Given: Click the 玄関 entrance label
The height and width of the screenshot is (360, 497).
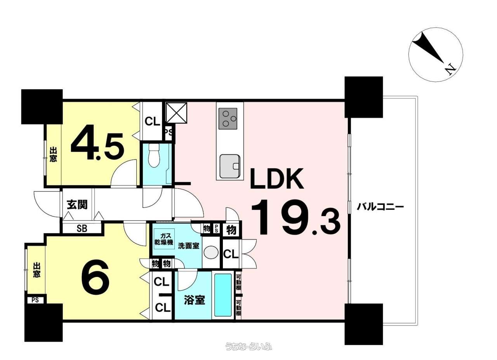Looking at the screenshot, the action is pyautogui.click(x=77, y=204).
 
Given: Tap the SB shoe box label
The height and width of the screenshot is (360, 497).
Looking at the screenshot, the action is pyautogui.click(x=82, y=228).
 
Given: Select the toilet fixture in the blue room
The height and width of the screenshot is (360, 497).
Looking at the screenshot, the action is pyautogui.click(x=154, y=156).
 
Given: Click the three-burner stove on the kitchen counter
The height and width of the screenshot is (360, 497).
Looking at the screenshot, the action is pyautogui.click(x=228, y=119).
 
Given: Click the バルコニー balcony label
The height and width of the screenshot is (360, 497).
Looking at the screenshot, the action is pyautogui.click(x=380, y=208).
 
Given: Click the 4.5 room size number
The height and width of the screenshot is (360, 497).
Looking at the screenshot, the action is pyautogui.click(x=97, y=142).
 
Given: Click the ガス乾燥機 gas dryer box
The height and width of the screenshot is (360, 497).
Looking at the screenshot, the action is pyautogui.click(x=164, y=239).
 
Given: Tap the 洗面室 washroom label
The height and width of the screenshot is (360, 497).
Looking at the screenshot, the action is pyautogui.click(x=189, y=246).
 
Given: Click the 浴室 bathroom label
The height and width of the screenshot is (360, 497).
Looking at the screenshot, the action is pyautogui.click(x=195, y=300).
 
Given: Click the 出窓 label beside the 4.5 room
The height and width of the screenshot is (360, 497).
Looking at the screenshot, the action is pyautogui.click(x=53, y=154).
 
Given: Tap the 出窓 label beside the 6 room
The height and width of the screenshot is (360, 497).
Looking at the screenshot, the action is pyautogui.click(x=37, y=270).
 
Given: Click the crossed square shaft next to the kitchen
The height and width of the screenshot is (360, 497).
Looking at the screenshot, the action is pyautogui.click(x=176, y=112).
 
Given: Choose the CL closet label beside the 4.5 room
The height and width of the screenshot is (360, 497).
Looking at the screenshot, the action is pyautogui.click(x=152, y=121).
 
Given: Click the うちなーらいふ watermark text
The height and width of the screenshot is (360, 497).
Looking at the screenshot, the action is pyautogui.click(x=248, y=346).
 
